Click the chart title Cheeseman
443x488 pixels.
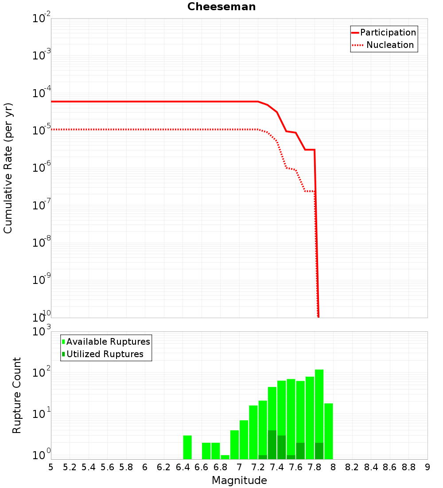click(x=221, y=7)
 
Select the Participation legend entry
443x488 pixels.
click(x=388, y=33)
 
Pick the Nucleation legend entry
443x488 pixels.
click(x=389, y=45)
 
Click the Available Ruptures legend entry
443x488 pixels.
click(x=108, y=342)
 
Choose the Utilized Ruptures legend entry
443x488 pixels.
click(x=105, y=354)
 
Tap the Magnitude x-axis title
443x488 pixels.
click(x=239, y=480)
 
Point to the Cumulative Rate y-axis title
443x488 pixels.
click(x=8, y=168)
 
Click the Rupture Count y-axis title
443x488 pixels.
click(x=17, y=395)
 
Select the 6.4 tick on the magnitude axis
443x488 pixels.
click(x=183, y=467)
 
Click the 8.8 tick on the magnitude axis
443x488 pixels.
click(x=409, y=467)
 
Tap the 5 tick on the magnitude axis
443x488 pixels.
click(x=51, y=467)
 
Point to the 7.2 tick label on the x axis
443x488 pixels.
click(x=258, y=467)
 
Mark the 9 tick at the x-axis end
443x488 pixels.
click(x=427, y=467)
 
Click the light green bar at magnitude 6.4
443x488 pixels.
click(x=187, y=447)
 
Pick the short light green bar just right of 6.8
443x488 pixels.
click(x=225, y=457)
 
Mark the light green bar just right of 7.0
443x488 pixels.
click(x=244, y=439)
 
